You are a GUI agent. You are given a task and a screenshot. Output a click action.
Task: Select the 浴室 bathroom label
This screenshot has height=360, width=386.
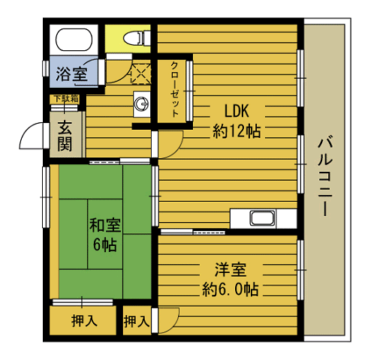tap(71, 74)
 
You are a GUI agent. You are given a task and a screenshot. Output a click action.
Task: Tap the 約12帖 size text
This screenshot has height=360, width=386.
tap(237, 131)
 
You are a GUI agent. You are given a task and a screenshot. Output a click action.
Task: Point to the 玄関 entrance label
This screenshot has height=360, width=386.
tap(66, 136)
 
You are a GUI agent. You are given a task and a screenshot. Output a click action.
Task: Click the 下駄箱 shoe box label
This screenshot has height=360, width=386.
tap(66, 98)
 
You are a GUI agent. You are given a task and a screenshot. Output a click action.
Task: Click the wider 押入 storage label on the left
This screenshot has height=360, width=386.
tap(83, 322)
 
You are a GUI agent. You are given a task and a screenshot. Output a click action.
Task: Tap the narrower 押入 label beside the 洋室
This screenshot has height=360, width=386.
tap(136, 322)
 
